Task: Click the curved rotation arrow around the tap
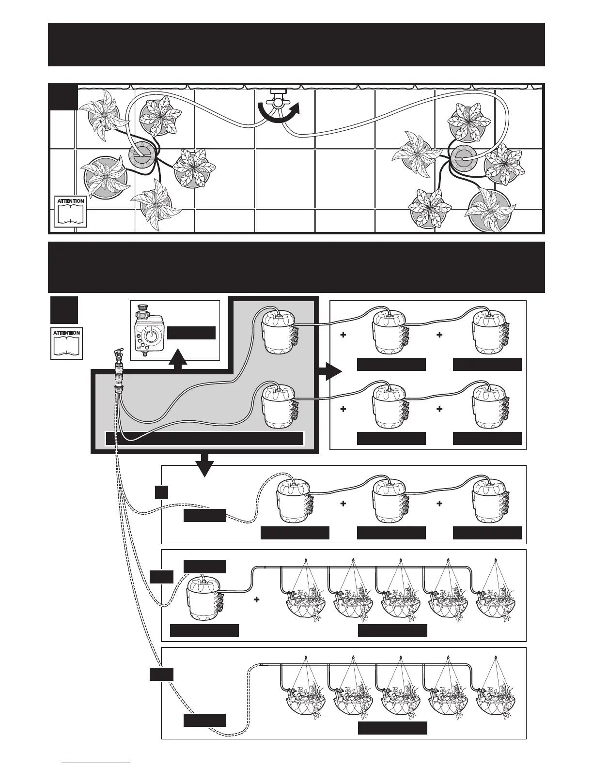[278, 114]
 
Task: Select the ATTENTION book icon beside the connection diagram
[66, 343]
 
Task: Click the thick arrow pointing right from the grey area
[330, 372]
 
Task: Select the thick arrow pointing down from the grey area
[206, 465]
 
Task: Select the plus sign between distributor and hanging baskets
[256, 600]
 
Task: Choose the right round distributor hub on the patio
[466, 156]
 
